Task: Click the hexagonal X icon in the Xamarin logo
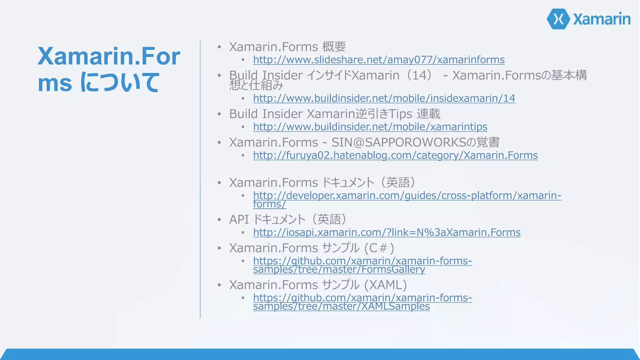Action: coord(558,19)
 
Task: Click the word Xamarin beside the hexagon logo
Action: coord(602,19)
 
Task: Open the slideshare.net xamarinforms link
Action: coord(379,60)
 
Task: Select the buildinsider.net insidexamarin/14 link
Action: coord(384,98)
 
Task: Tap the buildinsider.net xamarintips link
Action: coord(370,127)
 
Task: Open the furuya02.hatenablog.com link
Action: coord(395,155)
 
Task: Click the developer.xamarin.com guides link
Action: coord(407,196)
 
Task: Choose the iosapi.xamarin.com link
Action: coord(387,232)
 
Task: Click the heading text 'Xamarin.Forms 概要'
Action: coord(287,47)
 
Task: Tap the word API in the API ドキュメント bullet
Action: coord(239,220)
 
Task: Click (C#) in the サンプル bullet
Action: coord(379,248)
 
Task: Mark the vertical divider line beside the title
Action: coord(200,180)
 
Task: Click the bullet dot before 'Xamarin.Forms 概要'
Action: coord(219,47)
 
